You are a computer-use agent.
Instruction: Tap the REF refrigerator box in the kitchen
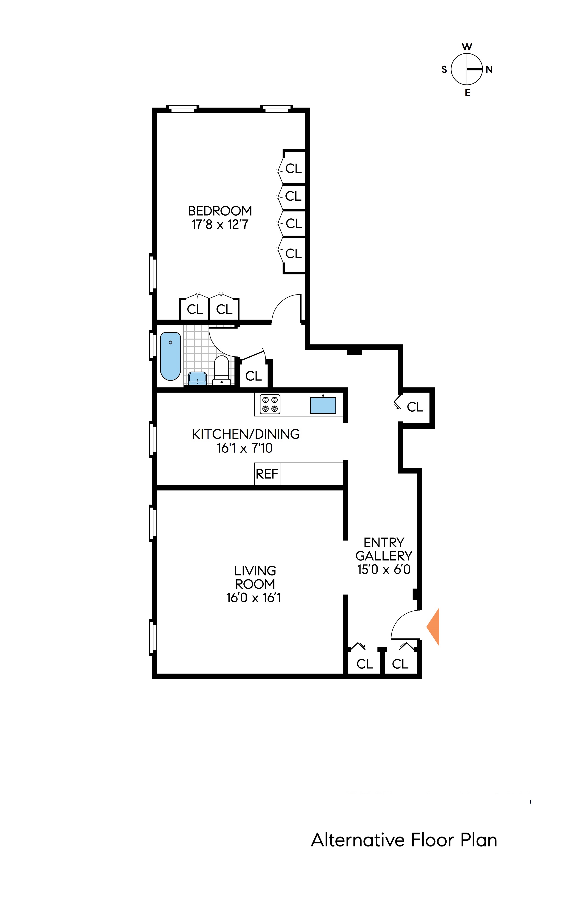(267, 474)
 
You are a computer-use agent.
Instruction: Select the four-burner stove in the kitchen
(270, 404)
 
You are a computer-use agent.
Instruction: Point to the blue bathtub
(171, 356)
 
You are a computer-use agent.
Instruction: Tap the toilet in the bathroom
(222, 369)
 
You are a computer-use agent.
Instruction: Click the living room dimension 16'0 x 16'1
(254, 598)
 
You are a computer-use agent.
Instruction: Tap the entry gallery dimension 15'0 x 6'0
(384, 569)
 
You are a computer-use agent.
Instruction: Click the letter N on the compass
(489, 69)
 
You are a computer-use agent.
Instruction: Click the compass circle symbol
(467, 69)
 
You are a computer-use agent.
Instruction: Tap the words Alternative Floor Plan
(404, 840)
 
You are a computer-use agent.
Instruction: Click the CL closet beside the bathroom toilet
(254, 376)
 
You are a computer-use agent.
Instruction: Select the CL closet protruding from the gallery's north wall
(415, 407)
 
